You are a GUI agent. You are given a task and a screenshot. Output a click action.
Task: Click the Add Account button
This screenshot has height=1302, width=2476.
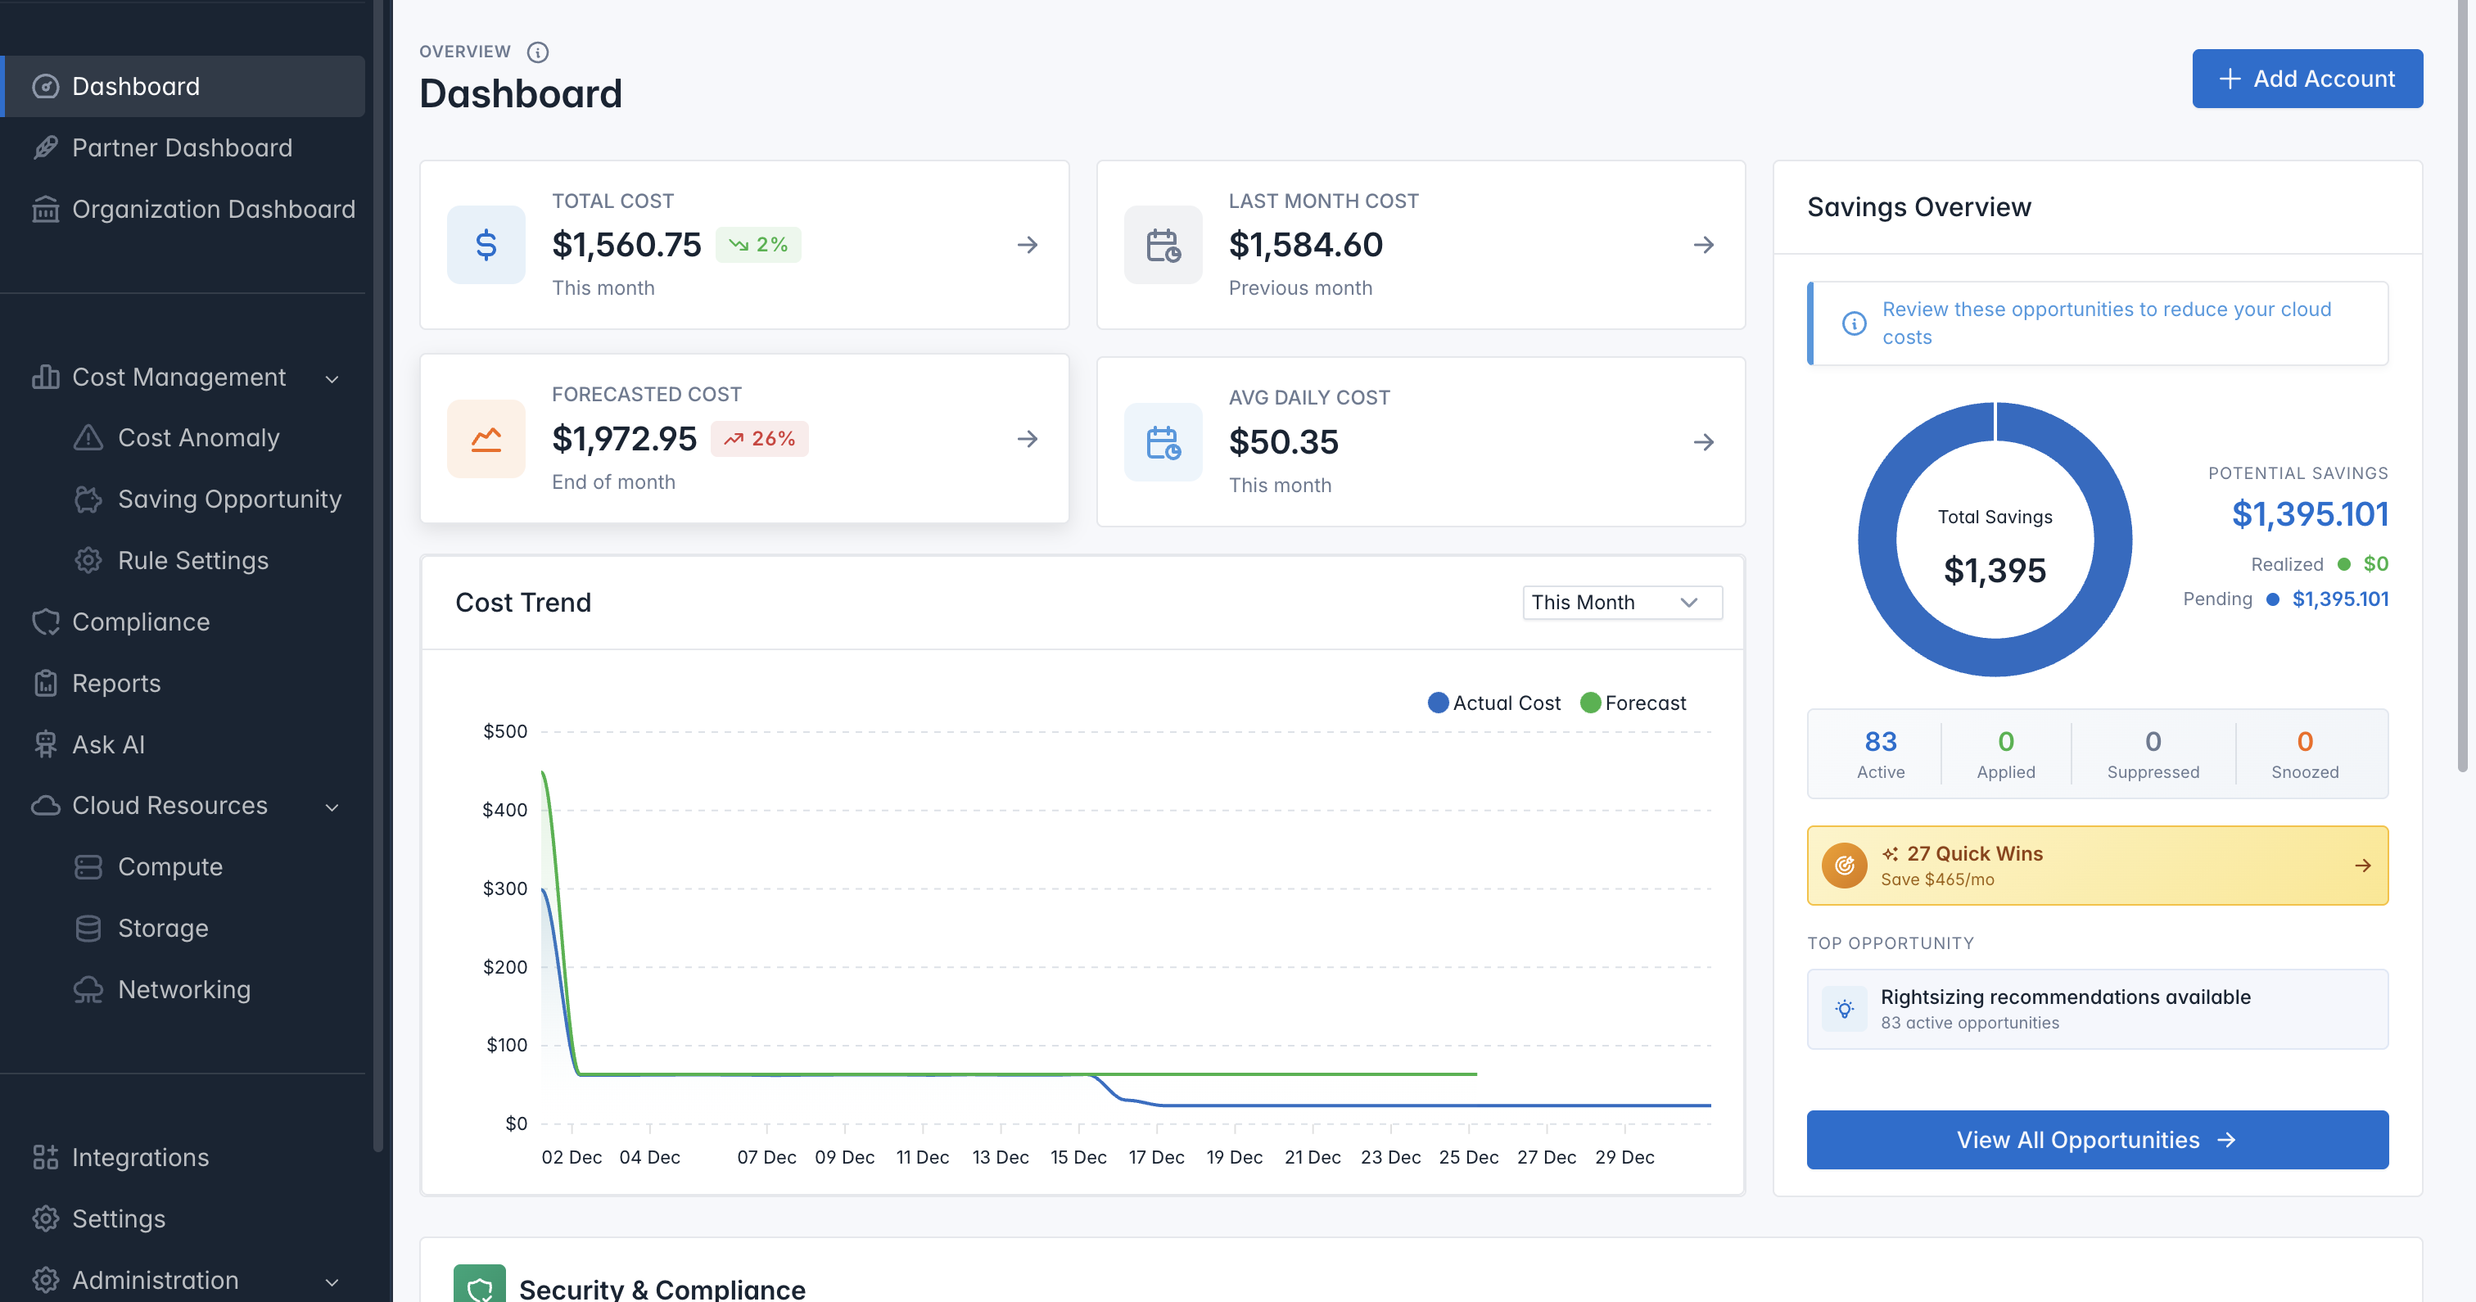(x=2306, y=79)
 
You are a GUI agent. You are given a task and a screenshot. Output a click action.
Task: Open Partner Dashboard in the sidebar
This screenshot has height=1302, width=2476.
(x=182, y=147)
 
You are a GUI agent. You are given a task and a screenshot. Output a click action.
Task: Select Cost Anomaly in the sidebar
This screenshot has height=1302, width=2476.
(x=198, y=437)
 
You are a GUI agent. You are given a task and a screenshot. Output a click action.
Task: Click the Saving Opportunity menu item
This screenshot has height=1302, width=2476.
(x=228, y=499)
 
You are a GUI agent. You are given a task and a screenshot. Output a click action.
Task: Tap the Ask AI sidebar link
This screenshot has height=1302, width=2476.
(x=107, y=744)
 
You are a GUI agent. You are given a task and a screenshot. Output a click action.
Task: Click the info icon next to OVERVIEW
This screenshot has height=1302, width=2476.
(x=538, y=52)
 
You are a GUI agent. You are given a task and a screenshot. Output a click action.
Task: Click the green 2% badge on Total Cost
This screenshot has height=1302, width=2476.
(x=758, y=244)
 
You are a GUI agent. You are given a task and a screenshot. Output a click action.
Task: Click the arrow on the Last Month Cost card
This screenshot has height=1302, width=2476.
(x=1703, y=245)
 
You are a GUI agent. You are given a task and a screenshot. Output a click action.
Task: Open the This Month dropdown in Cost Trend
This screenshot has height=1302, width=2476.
(x=1621, y=602)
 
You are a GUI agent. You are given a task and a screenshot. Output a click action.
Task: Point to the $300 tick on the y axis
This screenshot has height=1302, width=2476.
(x=504, y=888)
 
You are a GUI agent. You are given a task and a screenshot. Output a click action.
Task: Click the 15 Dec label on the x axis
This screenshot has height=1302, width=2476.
(x=1078, y=1157)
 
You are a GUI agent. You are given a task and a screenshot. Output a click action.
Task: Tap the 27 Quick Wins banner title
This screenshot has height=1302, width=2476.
(x=1974, y=854)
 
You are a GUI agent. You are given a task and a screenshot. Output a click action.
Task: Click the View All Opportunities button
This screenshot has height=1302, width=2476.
(x=2096, y=1140)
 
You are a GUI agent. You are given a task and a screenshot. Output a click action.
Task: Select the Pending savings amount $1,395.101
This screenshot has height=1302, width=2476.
(x=2339, y=599)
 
